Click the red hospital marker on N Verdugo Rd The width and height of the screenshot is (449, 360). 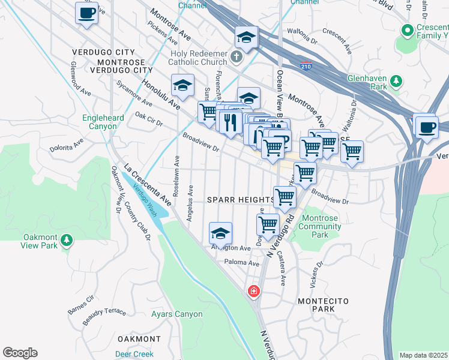tap(254, 292)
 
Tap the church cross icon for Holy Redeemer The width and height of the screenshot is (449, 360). tap(237, 59)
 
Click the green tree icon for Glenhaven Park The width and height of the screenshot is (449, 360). tap(396, 81)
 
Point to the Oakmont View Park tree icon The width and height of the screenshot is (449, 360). tap(67, 241)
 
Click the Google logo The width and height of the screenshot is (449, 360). tap(20, 353)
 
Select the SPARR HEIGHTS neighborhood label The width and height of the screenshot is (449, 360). tap(240, 199)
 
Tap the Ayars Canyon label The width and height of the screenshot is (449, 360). tap(176, 314)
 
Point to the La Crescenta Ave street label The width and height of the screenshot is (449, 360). tap(148, 185)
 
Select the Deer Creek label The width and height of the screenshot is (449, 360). tap(134, 354)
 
